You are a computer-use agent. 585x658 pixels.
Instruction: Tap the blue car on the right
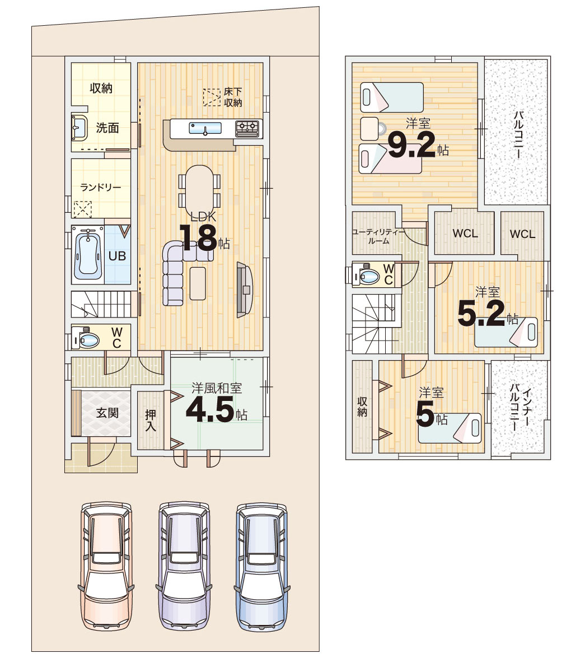click(x=262, y=566)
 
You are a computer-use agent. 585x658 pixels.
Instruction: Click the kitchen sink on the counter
click(x=205, y=128)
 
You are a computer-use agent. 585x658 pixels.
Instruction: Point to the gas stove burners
click(x=248, y=128)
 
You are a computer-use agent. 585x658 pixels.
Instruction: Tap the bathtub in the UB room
click(x=88, y=255)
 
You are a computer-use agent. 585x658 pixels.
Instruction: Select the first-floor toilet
click(x=86, y=338)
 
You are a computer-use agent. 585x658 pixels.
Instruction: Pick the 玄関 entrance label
click(x=107, y=413)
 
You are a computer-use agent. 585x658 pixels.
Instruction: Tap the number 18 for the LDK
click(x=198, y=238)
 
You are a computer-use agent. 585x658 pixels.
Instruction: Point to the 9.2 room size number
click(x=411, y=144)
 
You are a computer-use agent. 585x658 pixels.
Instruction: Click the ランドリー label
click(x=101, y=187)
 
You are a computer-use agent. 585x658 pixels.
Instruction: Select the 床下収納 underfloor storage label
click(x=233, y=97)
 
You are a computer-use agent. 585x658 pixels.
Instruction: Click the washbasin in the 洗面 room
click(x=79, y=128)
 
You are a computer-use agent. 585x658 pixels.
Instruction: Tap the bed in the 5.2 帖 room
click(x=506, y=332)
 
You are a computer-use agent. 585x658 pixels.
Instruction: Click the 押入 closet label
click(x=151, y=421)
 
